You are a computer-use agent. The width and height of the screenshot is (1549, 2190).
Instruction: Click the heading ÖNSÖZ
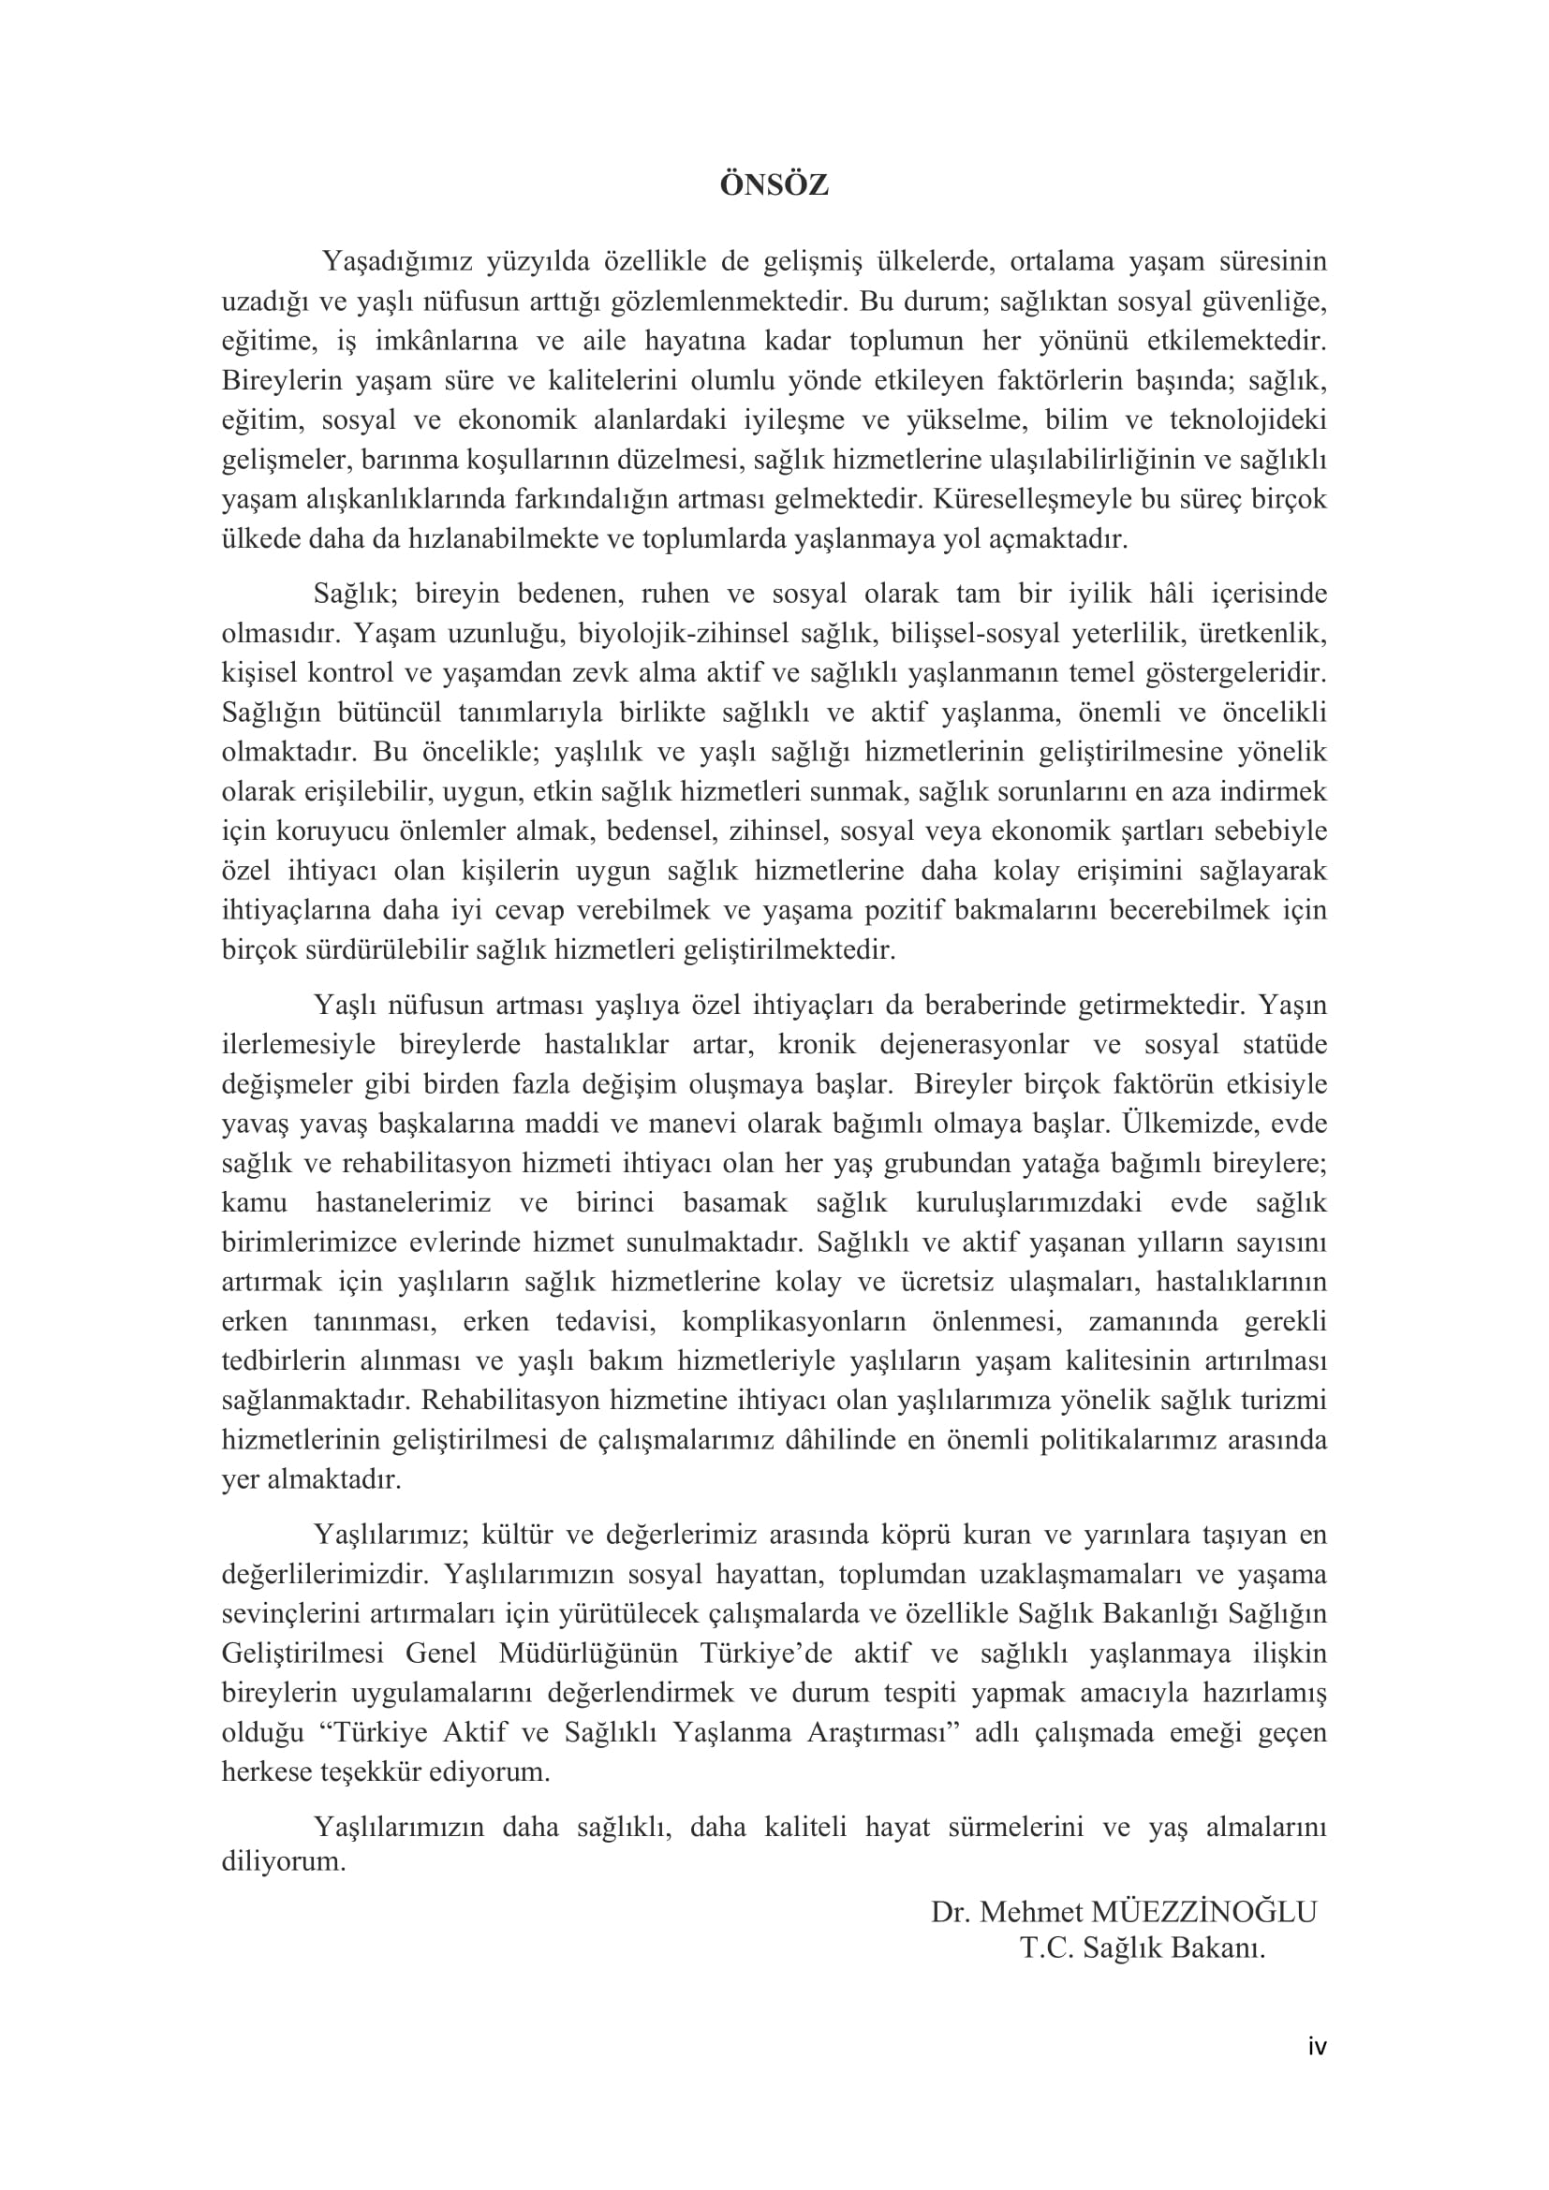tap(774, 185)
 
